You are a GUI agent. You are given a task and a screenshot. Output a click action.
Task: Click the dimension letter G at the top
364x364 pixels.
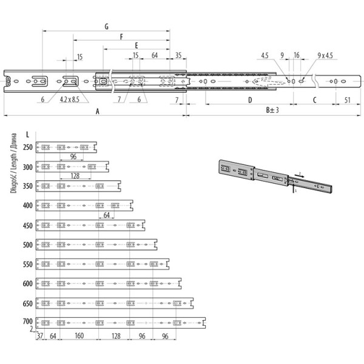107,27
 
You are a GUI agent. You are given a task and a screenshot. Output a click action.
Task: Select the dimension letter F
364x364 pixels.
121,37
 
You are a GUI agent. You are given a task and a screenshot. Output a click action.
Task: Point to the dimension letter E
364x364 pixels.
136,45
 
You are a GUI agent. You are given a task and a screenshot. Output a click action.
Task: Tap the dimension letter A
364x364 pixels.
98,112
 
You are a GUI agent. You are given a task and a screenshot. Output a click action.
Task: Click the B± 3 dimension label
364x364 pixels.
272,110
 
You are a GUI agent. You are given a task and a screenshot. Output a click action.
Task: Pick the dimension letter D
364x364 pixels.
250,100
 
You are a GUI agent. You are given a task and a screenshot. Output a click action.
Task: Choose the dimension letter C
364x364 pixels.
314,100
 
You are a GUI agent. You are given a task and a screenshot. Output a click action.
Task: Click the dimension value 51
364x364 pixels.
347,100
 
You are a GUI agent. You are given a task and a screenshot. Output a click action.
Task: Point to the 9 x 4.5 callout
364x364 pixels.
325,55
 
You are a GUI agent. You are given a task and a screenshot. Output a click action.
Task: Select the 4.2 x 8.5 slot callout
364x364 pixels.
69,99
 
